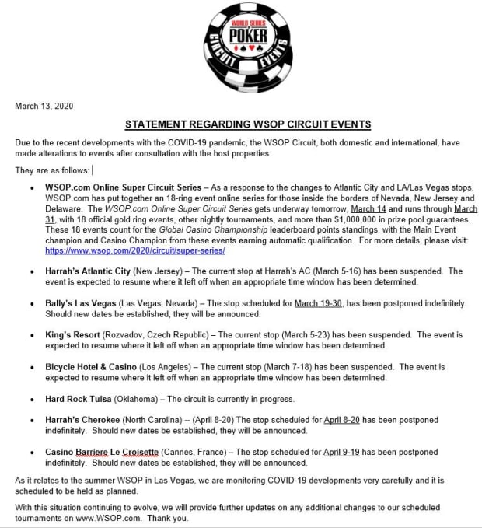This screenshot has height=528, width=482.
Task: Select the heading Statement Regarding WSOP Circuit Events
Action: [248, 124]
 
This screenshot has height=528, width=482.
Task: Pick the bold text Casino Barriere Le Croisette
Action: [102, 452]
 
